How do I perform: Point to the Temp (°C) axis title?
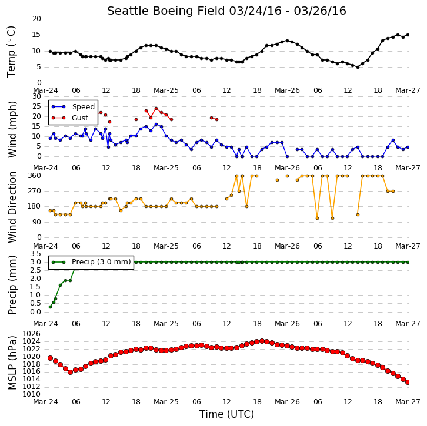point(11,52)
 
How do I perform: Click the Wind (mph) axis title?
point(12,129)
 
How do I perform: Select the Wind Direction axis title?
point(12,207)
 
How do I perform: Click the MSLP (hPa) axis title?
point(12,363)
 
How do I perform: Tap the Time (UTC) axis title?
point(226,414)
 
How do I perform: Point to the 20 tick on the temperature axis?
point(37,19)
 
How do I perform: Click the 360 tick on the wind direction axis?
point(35,176)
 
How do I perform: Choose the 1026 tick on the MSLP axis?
point(32,334)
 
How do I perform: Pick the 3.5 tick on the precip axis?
point(36,254)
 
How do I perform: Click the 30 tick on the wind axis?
point(37,96)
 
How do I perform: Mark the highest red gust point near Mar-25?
point(156,108)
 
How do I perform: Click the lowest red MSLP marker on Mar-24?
point(70,372)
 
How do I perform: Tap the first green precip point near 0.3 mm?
point(50,307)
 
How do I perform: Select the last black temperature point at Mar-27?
point(408,35)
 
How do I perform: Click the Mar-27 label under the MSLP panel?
point(408,402)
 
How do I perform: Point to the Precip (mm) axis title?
point(12,285)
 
